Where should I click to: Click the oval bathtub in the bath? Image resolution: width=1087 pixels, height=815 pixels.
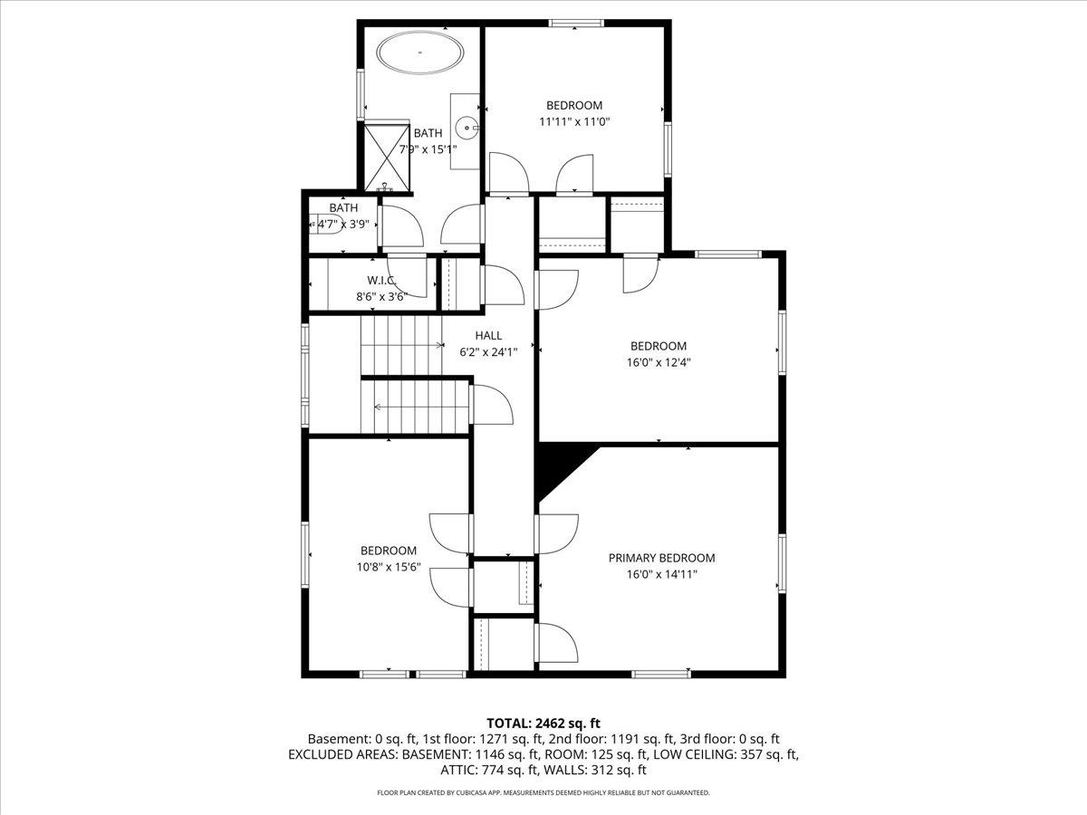pyautogui.click(x=420, y=53)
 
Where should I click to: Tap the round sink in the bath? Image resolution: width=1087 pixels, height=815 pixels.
pyautogui.click(x=468, y=128)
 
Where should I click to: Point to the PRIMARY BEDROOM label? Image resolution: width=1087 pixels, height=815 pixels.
pyautogui.click(x=661, y=558)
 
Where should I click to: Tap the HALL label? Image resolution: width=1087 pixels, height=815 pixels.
pyautogui.click(x=487, y=336)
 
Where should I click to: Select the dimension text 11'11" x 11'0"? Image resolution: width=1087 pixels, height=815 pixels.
pyautogui.click(x=573, y=121)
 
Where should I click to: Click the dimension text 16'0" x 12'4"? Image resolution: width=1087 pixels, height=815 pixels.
pyautogui.click(x=659, y=361)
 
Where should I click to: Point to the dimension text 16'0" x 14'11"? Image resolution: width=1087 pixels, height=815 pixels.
pyautogui.click(x=661, y=574)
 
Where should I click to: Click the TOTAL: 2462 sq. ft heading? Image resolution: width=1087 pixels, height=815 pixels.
pyautogui.click(x=543, y=723)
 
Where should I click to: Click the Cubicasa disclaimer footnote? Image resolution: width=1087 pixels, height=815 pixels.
pyautogui.click(x=543, y=792)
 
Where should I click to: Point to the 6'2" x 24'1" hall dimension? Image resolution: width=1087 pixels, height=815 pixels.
pyautogui.click(x=487, y=352)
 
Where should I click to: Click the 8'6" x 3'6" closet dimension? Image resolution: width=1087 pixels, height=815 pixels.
pyautogui.click(x=380, y=296)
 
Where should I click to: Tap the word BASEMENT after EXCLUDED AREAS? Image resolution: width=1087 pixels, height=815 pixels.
pyautogui.click(x=432, y=754)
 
